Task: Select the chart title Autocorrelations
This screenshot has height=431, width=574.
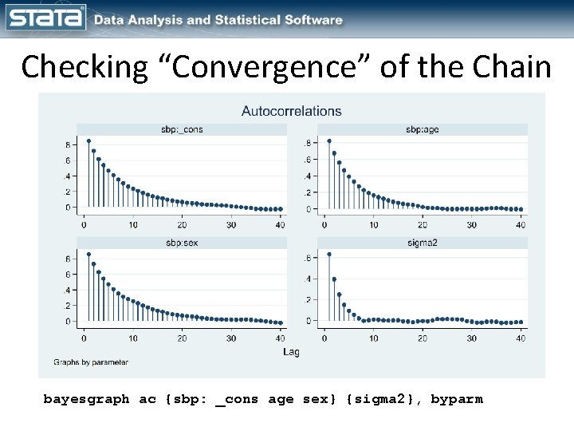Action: point(292,111)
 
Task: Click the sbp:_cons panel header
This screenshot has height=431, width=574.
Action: point(181,129)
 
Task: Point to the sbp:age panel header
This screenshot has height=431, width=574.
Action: point(422,129)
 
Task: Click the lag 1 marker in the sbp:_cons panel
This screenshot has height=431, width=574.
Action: point(88,141)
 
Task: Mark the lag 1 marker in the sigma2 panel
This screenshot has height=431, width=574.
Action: point(329,255)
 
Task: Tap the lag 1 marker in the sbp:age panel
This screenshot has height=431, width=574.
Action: point(329,141)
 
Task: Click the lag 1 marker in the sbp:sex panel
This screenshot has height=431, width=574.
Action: point(88,255)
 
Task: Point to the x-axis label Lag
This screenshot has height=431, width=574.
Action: point(292,351)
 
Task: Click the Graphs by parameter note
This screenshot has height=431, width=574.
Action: point(91,362)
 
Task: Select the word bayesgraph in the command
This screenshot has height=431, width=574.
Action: point(86,399)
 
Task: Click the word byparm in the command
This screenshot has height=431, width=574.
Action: point(456,399)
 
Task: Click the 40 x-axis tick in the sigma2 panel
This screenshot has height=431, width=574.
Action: point(521,338)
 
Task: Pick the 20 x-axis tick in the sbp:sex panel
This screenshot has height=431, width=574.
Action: point(183,338)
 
